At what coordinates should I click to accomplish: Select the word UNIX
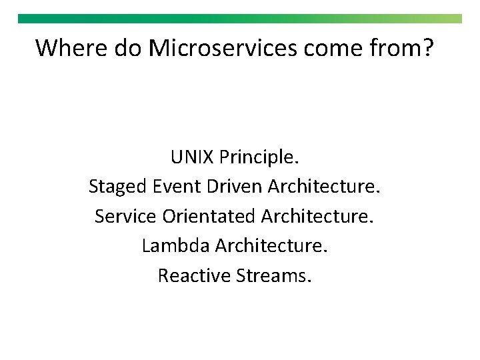(x=192, y=157)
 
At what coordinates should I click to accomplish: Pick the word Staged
(x=118, y=187)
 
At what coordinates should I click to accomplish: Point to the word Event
(x=177, y=187)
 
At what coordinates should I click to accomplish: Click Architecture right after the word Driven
(x=324, y=187)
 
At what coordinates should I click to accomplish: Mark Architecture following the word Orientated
(x=317, y=216)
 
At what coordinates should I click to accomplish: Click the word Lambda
(x=175, y=245)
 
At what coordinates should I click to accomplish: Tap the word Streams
(x=273, y=275)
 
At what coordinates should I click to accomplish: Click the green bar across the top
(x=240, y=19)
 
